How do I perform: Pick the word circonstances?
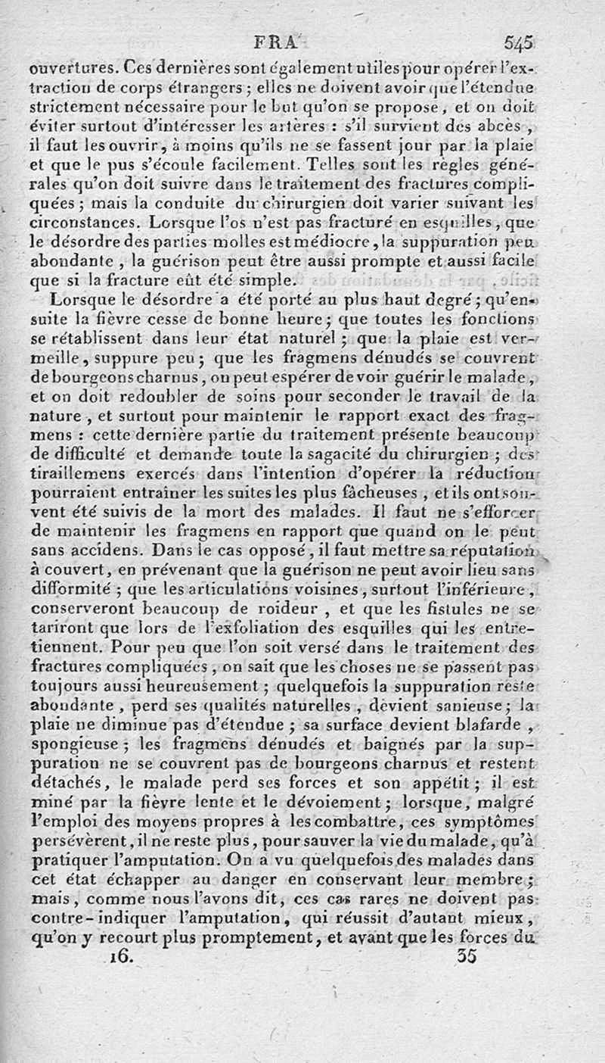[86, 223]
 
